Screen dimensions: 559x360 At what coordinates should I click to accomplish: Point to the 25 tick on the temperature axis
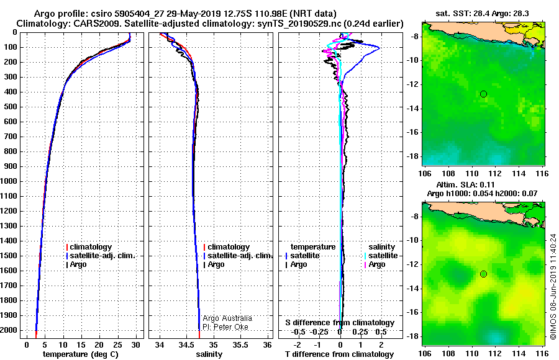[117, 345]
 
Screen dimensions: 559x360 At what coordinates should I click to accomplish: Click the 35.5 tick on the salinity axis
[240, 345]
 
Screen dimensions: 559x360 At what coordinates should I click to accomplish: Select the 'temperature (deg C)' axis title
[81, 354]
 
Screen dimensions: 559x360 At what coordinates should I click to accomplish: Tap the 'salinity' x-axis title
[209, 354]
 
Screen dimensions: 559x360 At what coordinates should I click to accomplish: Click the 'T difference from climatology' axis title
[339, 354]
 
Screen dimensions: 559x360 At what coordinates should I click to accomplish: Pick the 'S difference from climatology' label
[340, 323]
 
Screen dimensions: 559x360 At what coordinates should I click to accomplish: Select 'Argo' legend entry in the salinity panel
[216, 264]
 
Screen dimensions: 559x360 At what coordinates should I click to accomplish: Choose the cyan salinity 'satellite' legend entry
[383, 256]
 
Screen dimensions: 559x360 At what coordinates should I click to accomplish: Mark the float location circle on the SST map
[483, 94]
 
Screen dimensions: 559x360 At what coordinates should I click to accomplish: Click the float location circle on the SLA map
[483, 274]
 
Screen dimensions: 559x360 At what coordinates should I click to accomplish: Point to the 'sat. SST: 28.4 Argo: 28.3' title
[483, 14]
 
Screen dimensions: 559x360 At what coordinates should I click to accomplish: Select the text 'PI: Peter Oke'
[225, 327]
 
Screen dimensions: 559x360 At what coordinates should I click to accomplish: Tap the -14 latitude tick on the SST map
[413, 109]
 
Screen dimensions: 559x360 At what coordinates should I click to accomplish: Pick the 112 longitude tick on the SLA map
[495, 353]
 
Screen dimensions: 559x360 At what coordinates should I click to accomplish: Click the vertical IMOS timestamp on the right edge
[553, 287]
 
